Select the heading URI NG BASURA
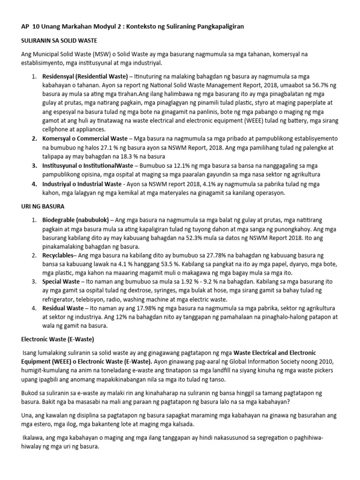coord(44,206)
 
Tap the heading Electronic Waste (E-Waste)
coord(59,338)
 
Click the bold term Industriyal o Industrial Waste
coord(82,184)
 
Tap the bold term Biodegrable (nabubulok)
coord(75,220)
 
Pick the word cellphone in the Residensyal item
coord(57,129)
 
